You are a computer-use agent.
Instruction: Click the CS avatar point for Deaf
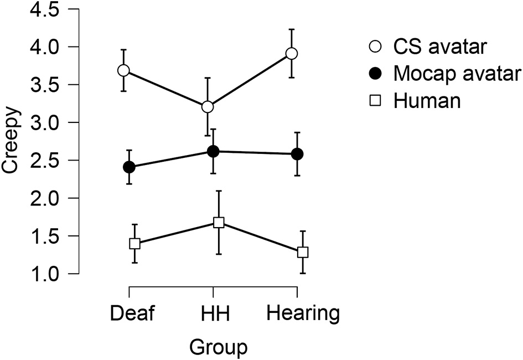click(123, 70)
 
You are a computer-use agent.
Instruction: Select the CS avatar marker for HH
click(208, 106)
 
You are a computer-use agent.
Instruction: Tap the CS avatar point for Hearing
click(292, 53)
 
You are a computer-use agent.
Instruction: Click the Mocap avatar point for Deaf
click(129, 167)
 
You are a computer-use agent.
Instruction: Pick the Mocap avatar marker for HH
click(213, 151)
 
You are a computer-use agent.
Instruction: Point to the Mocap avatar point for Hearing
click(297, 154)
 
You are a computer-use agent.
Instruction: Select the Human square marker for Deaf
click(134, 243)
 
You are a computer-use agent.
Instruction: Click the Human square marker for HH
click(219, 223)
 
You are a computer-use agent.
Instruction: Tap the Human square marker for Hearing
click(303, 252)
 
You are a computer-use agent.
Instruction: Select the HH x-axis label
click(213, 313)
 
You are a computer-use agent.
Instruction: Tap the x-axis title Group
click(218, 348)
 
